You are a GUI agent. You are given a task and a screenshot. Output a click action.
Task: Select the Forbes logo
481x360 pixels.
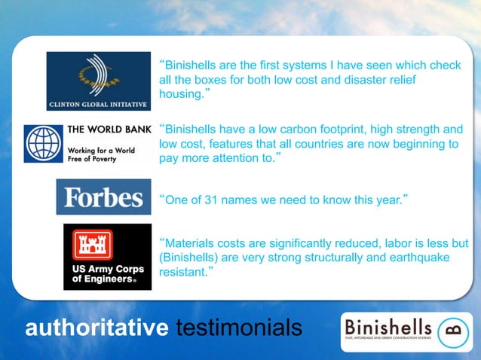103,197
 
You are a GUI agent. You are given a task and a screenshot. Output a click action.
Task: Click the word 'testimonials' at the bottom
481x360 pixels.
239,328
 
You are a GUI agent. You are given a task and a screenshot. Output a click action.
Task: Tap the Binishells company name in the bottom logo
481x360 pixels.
388,328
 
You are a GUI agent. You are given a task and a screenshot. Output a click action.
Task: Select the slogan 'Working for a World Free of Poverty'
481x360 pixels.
102,154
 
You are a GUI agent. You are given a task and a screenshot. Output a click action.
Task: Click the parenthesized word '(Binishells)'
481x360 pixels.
189,258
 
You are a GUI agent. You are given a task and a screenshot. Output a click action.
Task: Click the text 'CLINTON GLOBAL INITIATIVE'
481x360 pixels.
98,104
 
